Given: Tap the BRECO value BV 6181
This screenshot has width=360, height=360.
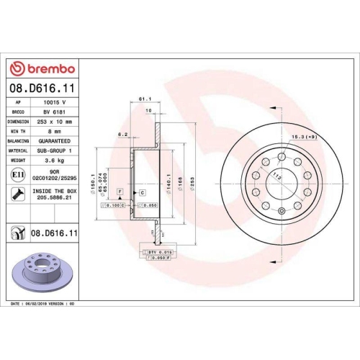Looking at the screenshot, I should click(55, 112).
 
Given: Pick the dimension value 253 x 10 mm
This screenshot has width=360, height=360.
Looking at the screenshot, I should click(55, 122).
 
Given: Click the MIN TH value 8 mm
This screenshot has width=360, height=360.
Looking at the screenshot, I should click(55, 132).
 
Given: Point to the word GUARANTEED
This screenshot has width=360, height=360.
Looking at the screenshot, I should click(55, 141).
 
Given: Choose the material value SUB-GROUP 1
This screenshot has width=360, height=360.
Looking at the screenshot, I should click(55, 151).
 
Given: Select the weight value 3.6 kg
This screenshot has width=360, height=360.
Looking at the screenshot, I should click(55, 161).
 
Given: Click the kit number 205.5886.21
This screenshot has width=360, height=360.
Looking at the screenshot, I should click(55, 204).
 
